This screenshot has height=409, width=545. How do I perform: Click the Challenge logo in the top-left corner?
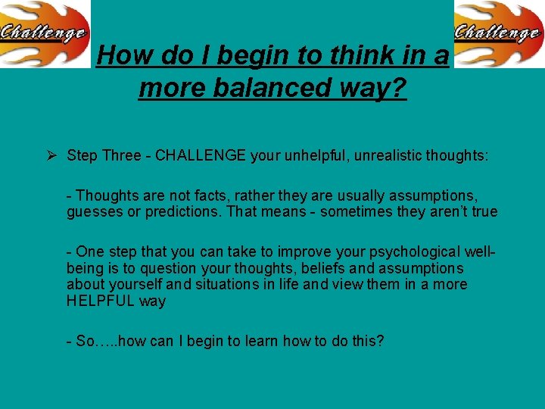coord(45,33)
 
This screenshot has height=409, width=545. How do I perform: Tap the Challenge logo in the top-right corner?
coord(499,33)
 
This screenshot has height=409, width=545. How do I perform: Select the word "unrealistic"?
coord(385,156)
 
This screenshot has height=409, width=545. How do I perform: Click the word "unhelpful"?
coord(314,156)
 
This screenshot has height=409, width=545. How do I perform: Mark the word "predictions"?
coord(180,211)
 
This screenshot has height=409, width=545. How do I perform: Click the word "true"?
coord(484,211)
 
